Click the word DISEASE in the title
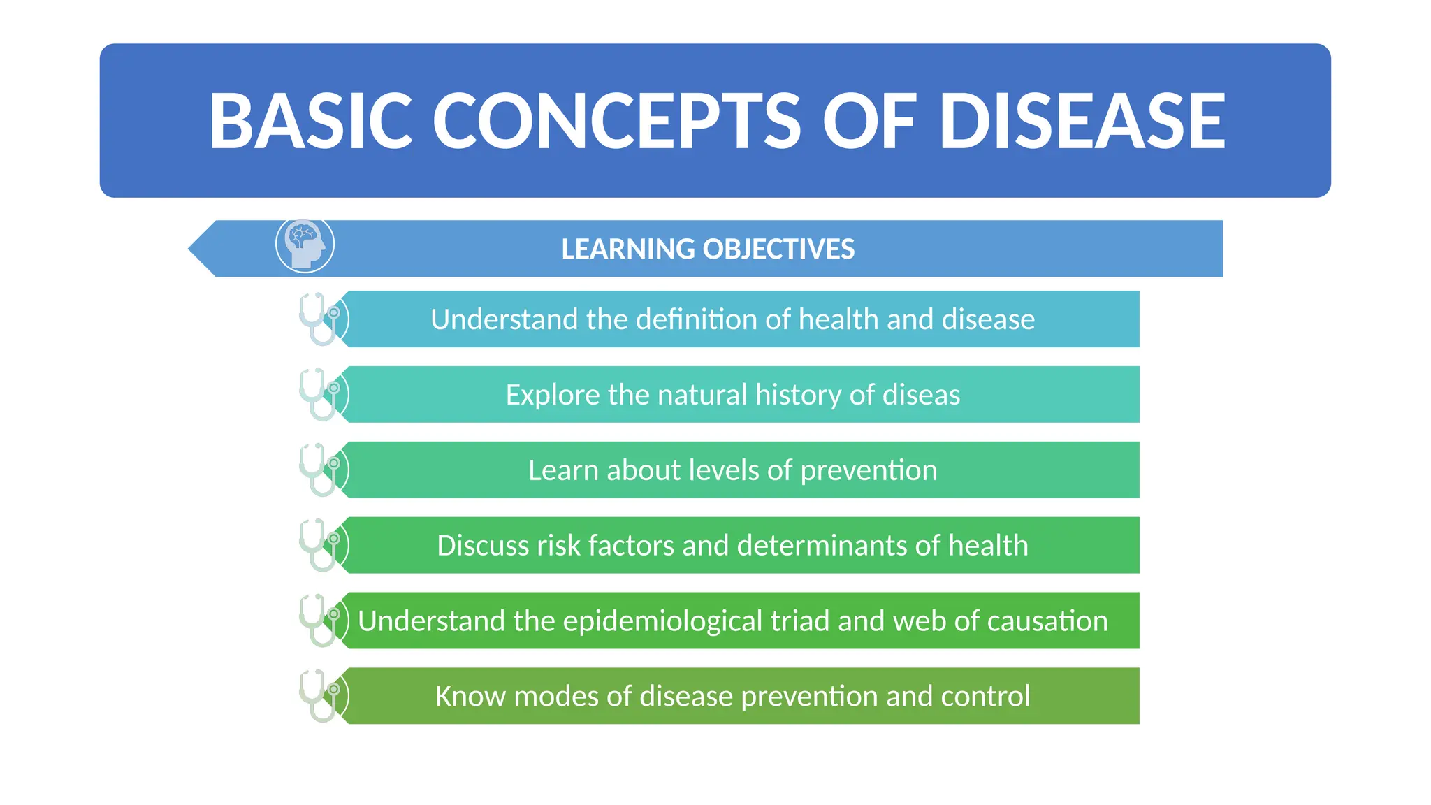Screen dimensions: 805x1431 [1082, 121]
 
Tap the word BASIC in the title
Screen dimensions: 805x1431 [310, 121]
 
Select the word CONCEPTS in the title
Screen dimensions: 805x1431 [616, 121]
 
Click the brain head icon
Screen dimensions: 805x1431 [305, 245]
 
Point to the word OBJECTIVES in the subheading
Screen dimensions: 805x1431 [778, 249]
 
